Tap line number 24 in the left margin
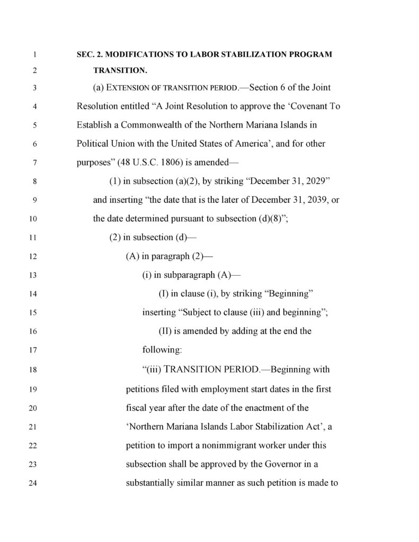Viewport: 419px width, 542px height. pyautogui.click(x=33, y=483)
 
